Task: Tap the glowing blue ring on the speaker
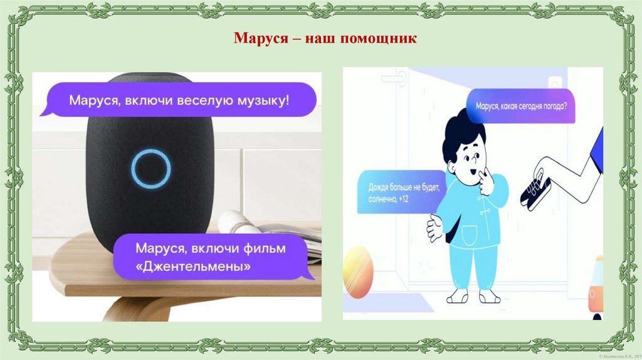click(151, 169)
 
